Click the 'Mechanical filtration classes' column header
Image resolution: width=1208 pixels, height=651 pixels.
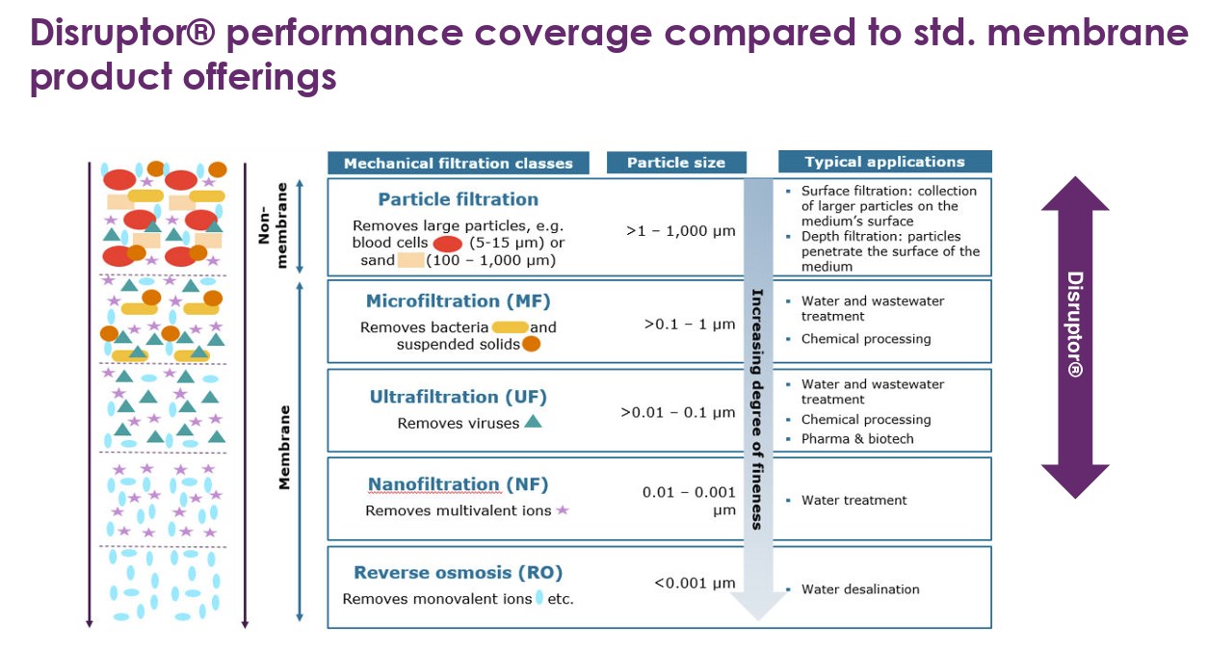(458, 163)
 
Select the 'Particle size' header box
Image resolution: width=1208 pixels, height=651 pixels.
(675, 163)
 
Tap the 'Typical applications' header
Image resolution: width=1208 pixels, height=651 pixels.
(883, 162)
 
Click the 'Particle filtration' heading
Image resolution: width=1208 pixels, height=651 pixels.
(458, 199)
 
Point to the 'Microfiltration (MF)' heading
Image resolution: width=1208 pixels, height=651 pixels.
(458, 301)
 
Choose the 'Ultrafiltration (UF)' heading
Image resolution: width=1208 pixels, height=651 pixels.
(458, 397)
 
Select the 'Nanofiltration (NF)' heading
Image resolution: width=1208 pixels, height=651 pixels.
(458, 484)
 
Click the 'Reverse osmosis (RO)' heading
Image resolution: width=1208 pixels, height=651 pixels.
(458, 572)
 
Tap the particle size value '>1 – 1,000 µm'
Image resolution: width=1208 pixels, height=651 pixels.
(680, 231)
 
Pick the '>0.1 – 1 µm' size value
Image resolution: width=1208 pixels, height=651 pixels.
(689, 324)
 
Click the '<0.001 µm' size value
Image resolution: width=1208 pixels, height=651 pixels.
(694, 583)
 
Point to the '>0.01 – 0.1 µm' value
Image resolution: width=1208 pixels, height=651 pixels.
(677, 413)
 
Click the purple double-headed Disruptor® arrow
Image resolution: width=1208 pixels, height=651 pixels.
(1075, 337)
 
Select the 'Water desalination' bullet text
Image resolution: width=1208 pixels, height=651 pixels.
(860, 589)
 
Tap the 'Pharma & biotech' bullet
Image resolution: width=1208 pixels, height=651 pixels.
(856, 439)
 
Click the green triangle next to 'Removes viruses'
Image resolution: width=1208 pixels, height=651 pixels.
(533, 422)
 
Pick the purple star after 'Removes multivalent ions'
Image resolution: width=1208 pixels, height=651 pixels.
(563, 509)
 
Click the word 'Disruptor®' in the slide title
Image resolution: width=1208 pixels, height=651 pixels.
(124, 34)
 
